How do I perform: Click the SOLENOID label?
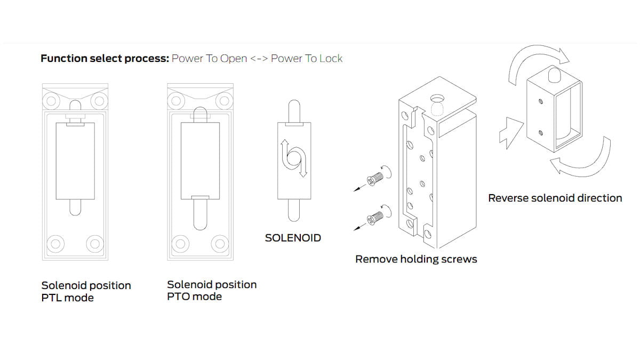coord(293,238)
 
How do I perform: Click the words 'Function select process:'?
coord(105,58)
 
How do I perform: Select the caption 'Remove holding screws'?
coord(416,259)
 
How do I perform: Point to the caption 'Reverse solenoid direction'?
coord(555,198)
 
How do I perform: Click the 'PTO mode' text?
coord(194,297)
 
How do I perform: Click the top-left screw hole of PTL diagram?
coord(52,100)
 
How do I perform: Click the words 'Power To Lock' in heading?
coord(307,58)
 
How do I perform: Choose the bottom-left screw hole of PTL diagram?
coord(54,244)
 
